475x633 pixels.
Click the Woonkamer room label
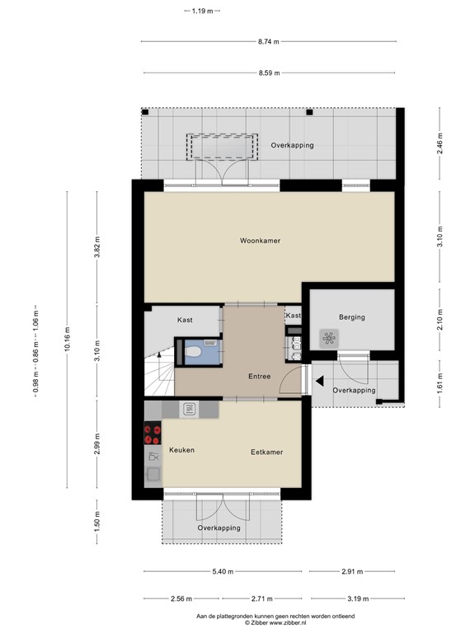tap(260, 241)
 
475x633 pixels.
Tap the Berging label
tap(351, 316)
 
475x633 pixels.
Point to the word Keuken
tap(181, 450)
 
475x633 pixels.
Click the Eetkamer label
tap(267, 452)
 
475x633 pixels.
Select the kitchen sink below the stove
tap(153, 474)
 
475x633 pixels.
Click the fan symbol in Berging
tap(329, 337)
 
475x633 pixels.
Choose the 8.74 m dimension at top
tap(268, 41)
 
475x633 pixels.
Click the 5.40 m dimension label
tap(221, 571)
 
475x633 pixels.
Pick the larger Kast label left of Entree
tap(185, 320)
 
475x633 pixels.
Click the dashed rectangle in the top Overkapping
tap(219, 147)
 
